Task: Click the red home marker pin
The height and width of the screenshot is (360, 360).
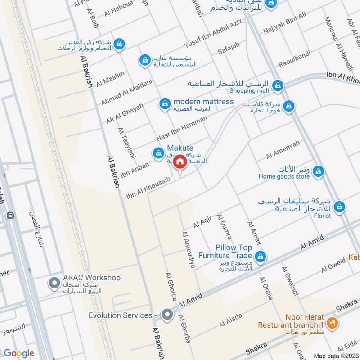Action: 180,162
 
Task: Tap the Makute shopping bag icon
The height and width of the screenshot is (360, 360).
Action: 158,154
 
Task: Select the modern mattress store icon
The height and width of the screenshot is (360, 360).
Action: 165,104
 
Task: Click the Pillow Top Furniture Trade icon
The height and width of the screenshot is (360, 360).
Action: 260,257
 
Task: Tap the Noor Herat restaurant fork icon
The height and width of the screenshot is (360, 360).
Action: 332,322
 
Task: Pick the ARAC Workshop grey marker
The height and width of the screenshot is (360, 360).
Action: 54,283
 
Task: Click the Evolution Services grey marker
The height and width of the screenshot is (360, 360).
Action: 167,315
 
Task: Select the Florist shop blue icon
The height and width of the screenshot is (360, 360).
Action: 340,207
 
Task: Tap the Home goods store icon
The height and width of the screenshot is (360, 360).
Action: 318,171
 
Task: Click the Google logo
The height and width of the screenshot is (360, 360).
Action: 19,353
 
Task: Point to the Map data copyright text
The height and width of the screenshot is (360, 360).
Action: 337,355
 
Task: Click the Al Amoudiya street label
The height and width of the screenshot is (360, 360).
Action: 188,250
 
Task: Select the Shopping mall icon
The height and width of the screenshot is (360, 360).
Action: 278,85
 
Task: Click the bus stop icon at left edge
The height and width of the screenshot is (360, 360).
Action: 9,216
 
